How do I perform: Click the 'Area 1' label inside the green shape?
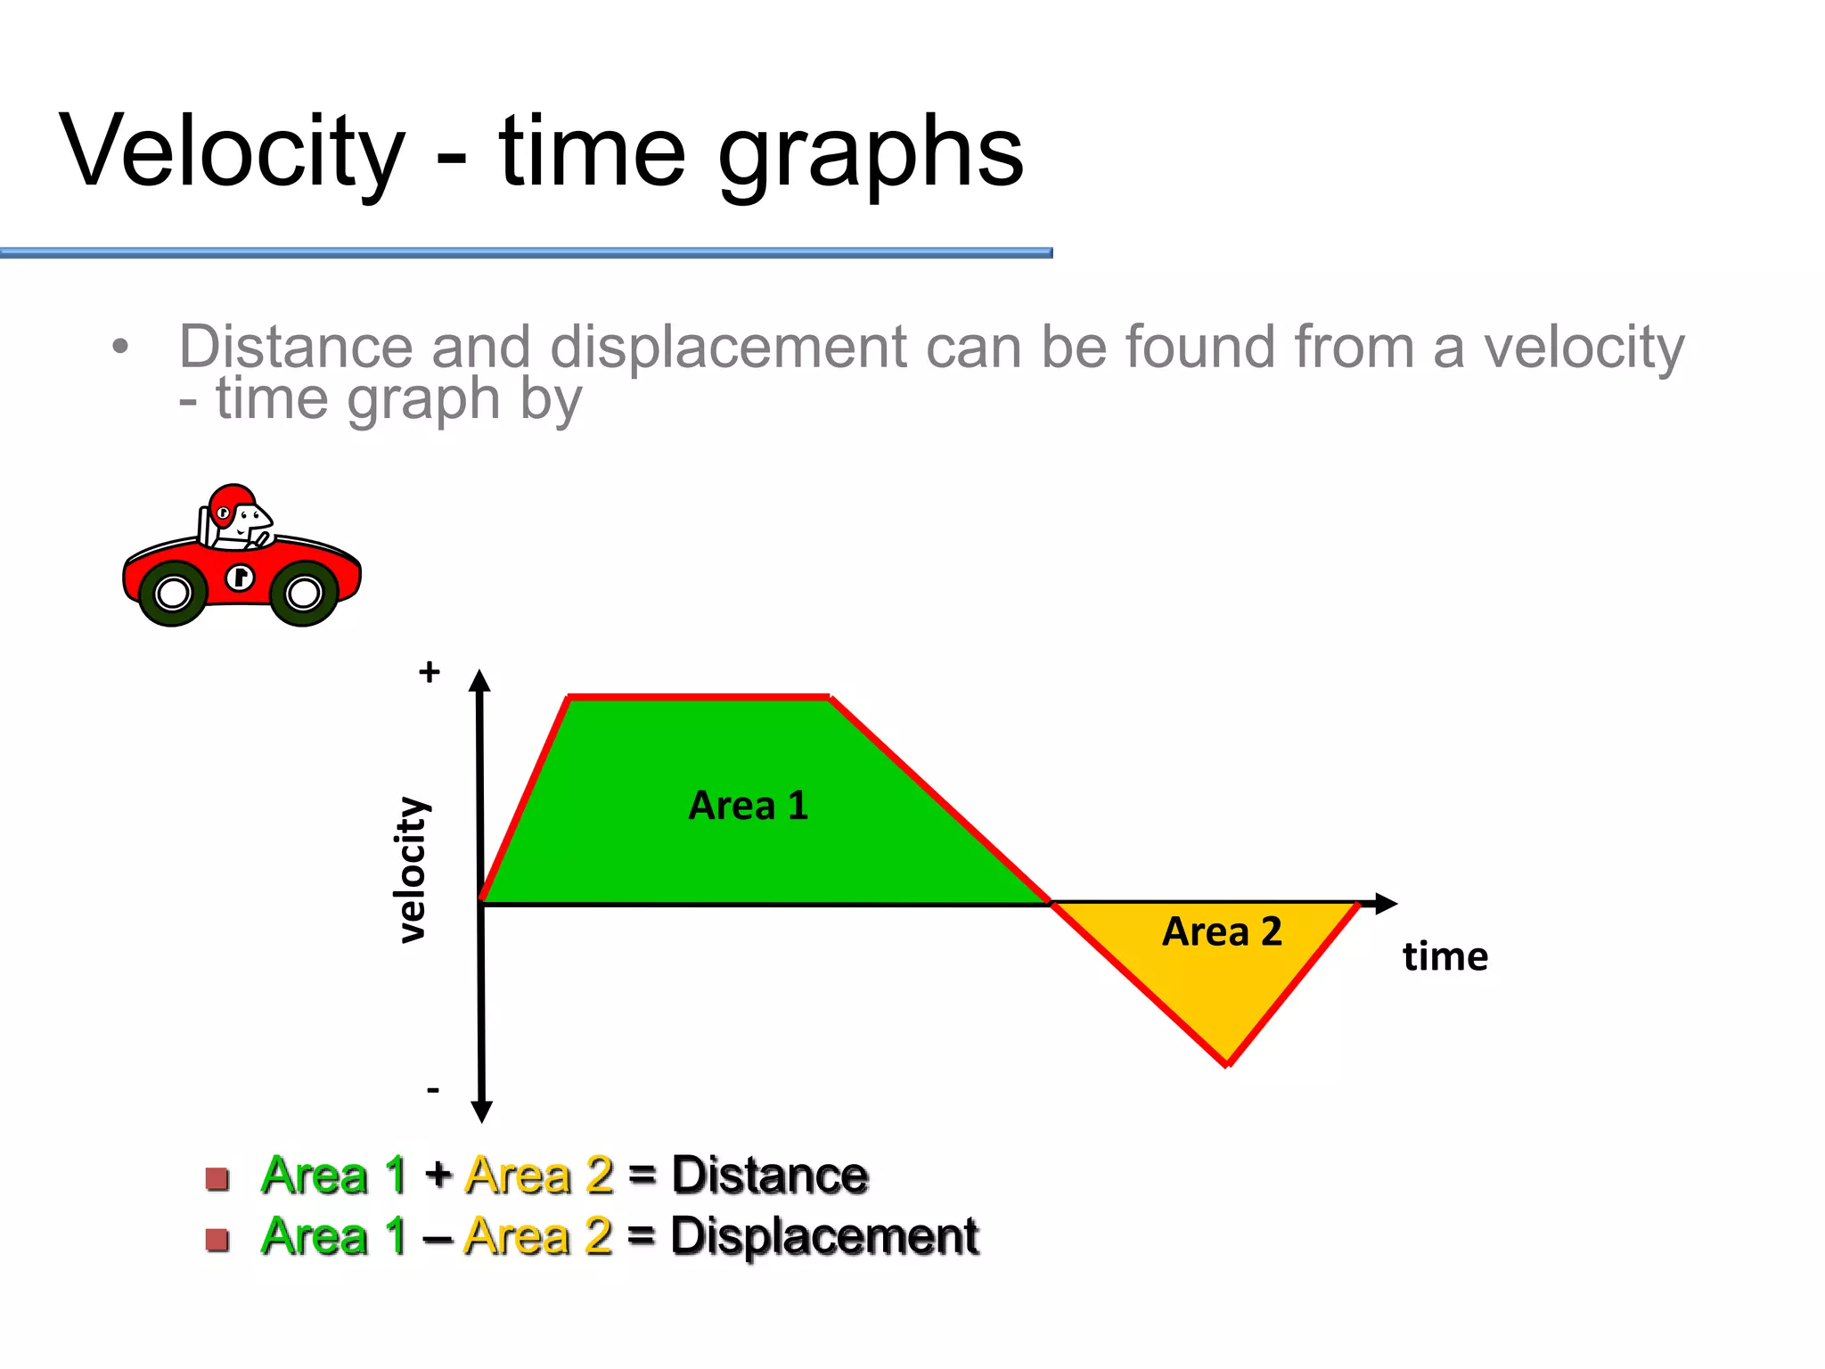click(x=748, y=806)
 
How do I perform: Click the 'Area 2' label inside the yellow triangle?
click(x=1222, y=932)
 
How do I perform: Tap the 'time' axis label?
click(x=1444, y=957)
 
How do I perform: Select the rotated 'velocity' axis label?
click(x=412, y=870)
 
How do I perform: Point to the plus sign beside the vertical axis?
click(x=430, y=671)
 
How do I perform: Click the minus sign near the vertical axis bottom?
click(x=433, y=1089)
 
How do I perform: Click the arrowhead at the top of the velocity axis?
click(x=480, y=681)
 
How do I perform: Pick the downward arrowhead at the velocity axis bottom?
click(x=482, y=1111)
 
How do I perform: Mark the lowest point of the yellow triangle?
click(x=1227, y=1063)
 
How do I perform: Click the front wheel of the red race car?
click(x=304, y=593)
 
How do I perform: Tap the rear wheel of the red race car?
click(x=173, y=594)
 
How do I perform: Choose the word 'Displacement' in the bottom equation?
click(x=824, y=1236)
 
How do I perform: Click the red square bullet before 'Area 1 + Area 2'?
click(x=217, y=1178)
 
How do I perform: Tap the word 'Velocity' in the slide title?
click(x=233, y=152)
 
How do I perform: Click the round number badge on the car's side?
click(x=239, y=578)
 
